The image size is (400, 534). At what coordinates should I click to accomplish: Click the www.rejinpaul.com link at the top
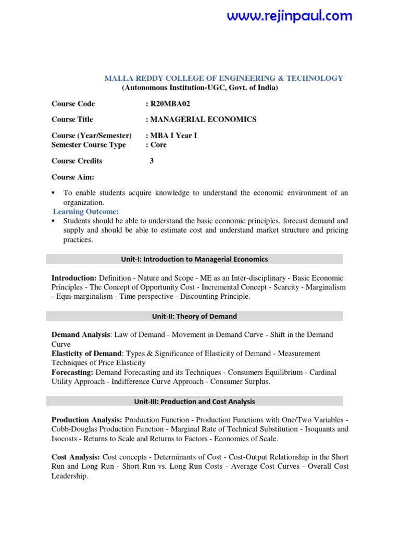coord(290,16)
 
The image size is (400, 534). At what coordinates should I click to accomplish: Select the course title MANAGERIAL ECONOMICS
coord(203,119)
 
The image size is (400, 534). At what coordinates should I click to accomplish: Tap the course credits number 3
coord(152,161)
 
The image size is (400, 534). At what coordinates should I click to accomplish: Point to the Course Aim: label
coord(73,177)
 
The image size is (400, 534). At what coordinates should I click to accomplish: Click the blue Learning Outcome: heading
coord(86,211)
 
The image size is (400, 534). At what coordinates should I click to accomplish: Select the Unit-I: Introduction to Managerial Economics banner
coord(195,259)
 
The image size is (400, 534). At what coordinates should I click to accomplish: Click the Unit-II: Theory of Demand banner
coord(195,316)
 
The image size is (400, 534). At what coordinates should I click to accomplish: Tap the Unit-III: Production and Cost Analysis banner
coord(195,402)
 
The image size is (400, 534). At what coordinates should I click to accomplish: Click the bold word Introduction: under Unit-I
coord(74,278)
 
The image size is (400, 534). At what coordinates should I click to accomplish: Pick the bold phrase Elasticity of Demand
coord(86,354)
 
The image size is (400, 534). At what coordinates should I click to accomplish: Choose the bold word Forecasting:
coord(72,372)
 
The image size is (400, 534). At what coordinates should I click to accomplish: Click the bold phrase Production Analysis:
coord(87,420)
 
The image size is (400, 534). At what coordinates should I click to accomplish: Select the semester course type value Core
coord(158,144)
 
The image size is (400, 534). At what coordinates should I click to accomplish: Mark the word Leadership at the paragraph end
coord(69,476)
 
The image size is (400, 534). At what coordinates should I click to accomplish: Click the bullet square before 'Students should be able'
coord(54,221)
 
